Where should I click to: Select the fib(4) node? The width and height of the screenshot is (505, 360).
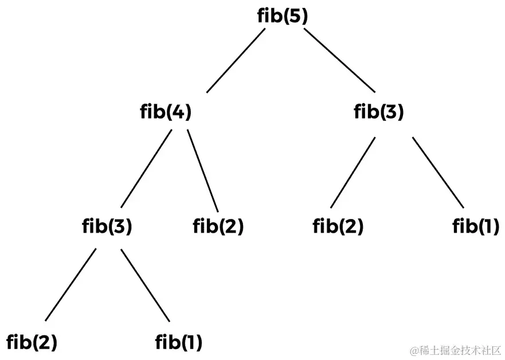[165, 112]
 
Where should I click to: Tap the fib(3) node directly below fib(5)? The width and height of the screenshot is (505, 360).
[379, 112]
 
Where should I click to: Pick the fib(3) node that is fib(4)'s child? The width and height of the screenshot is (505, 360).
[107, 226]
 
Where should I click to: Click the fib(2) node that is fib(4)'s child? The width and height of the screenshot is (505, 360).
[218, 226]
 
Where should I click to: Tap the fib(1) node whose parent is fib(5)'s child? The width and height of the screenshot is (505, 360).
[475, 226]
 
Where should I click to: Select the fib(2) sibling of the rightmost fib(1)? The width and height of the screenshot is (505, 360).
[338, 226]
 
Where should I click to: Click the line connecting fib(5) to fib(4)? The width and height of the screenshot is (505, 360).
[236, 60]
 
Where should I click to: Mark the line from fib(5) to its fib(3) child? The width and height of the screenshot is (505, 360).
[340, 60]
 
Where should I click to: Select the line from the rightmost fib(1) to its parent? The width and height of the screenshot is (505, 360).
[437, 172]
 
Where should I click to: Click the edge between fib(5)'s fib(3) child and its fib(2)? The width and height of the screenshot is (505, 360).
[353, 172]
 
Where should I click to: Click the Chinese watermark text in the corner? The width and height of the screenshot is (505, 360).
[455, 350]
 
